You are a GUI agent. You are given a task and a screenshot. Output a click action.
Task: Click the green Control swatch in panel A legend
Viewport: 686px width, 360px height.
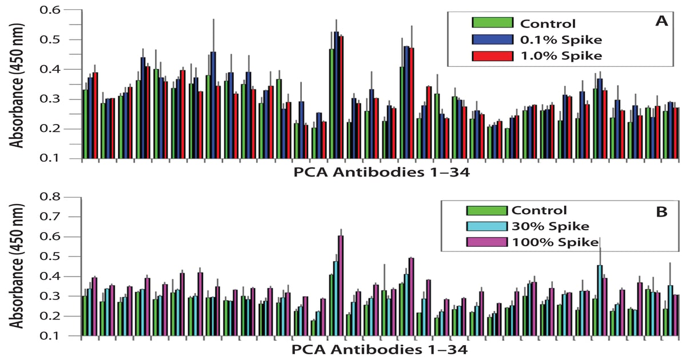pos(492,22)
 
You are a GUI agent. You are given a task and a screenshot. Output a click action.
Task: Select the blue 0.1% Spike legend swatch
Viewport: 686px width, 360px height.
pos(492,39)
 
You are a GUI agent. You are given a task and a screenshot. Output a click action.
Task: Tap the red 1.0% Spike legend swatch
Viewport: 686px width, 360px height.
pos(492,56)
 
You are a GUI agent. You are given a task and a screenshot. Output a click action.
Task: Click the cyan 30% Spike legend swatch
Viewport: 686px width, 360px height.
pos(486,226)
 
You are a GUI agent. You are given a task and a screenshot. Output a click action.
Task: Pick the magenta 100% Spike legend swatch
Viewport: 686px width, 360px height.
pos(486,242)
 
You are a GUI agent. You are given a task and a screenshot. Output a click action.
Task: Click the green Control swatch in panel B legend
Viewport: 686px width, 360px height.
pos(486,211)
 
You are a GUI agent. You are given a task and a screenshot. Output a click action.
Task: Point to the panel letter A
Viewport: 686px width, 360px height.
pos(661,21)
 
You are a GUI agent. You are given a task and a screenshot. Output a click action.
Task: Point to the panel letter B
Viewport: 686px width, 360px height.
pos(662,211)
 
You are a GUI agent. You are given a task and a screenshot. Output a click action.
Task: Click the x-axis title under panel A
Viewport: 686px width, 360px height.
pos(382,173)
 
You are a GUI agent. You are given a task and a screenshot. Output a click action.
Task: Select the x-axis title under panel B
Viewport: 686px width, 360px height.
pos(380,350)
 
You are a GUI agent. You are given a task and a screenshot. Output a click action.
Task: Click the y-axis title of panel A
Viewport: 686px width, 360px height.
pos(16,85)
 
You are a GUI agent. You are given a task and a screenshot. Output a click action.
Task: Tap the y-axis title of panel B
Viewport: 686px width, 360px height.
pos(16,266)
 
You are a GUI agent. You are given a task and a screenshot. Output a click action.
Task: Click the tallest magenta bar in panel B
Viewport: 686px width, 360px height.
pos(341,286)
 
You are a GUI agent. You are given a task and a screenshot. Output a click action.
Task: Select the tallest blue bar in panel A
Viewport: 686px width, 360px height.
pos(336,95)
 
